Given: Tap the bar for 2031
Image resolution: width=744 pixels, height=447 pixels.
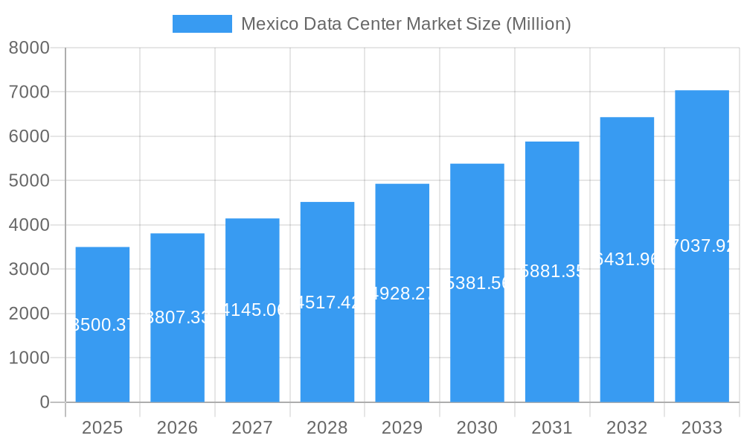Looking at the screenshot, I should click(552, 335).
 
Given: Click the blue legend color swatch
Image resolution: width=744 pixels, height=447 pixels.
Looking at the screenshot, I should click(202, 24).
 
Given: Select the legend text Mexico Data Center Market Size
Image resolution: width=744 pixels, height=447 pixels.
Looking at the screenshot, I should click(405, 24).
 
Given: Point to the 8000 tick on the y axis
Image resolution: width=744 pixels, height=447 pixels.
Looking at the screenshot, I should click(29, 48).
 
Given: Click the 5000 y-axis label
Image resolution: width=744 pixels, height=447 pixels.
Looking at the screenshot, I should click(29, 180).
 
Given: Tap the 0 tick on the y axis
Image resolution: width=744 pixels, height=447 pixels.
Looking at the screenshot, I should click(44, 402).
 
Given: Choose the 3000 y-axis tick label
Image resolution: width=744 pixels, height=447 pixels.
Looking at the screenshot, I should click(29, 269).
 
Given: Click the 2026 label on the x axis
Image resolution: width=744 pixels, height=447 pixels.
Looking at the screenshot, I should click(177, 428).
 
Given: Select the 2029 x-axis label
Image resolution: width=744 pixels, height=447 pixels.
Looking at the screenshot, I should click(402, 428).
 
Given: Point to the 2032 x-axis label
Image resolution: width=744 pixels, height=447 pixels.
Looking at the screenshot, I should click(626, 428).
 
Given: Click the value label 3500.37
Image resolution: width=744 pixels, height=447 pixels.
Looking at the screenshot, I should click(103, 325).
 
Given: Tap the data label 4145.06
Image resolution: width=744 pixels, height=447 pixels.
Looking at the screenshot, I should click(252, 310).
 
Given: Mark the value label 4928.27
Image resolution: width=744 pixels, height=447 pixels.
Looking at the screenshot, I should click(402, 293).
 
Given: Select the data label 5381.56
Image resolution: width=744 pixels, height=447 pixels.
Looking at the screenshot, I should click(477, 283).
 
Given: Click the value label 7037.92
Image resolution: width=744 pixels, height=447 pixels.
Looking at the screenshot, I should click(702, 246).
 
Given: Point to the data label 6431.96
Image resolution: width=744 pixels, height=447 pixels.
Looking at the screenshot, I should click(627, 259).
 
